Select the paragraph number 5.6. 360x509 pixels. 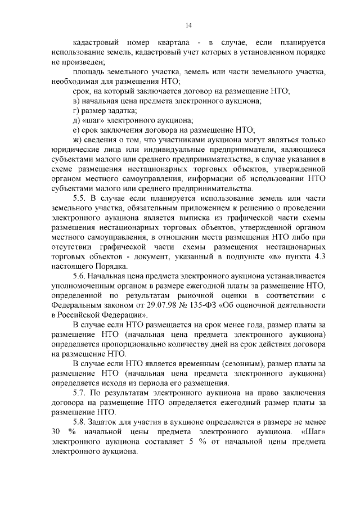tap(80, 276)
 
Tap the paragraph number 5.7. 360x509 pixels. tap(80, 391)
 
